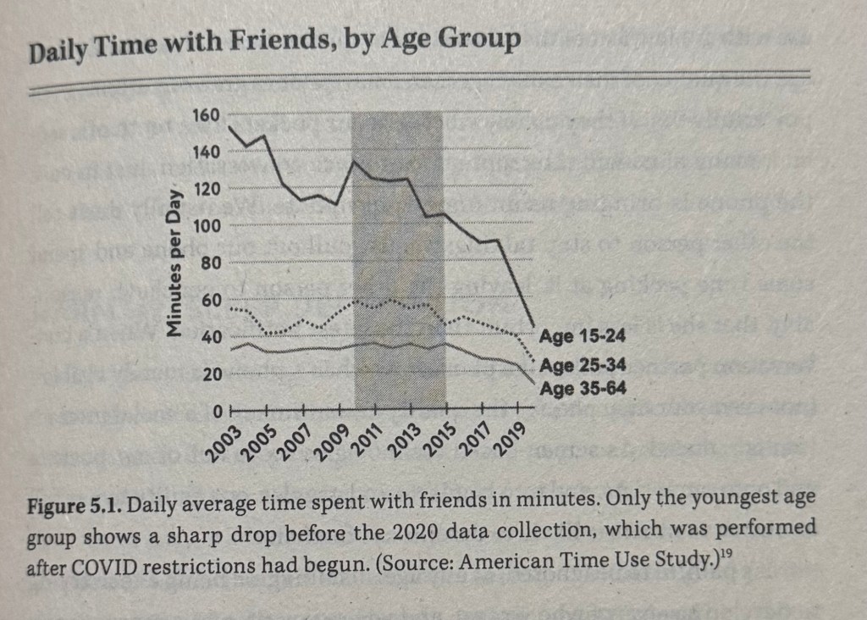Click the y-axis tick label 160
207,115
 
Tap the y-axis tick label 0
217,412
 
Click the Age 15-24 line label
582,337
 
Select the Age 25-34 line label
582,366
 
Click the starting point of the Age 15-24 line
230,127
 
